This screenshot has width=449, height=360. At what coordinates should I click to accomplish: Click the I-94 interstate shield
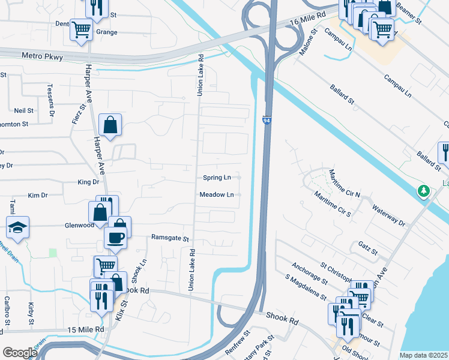266,121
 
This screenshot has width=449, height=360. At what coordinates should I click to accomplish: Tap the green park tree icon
424,191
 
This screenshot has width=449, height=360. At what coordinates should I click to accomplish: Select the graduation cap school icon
16,227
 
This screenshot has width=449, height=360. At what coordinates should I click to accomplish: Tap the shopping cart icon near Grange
80,29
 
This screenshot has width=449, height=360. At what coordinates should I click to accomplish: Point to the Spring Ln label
217,178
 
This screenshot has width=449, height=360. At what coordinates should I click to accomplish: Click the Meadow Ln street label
217,194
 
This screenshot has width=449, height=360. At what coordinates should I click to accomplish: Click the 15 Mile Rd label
85,329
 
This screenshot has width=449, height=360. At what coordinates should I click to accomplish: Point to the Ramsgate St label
170,238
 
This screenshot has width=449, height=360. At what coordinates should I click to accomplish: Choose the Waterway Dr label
388,215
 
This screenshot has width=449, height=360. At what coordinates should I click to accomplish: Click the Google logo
19,353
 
